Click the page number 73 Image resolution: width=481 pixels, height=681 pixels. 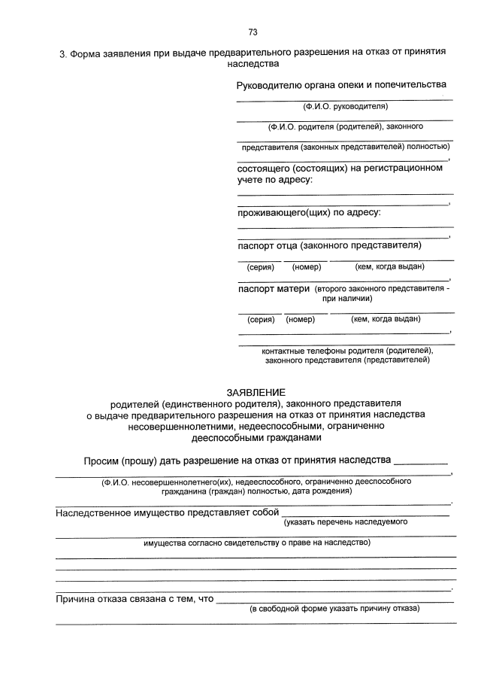tap(253, 32)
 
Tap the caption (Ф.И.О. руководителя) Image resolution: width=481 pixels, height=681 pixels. tap(345, 107)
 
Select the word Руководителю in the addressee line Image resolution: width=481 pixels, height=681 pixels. tap(269, 87)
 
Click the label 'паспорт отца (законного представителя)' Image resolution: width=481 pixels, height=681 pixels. tap(329, 245)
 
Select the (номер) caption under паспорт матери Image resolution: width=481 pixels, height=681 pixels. tap(300, 319)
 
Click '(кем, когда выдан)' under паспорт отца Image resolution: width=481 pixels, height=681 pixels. tap(389, 266)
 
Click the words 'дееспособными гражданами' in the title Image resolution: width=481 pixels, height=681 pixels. tap(256, 438)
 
